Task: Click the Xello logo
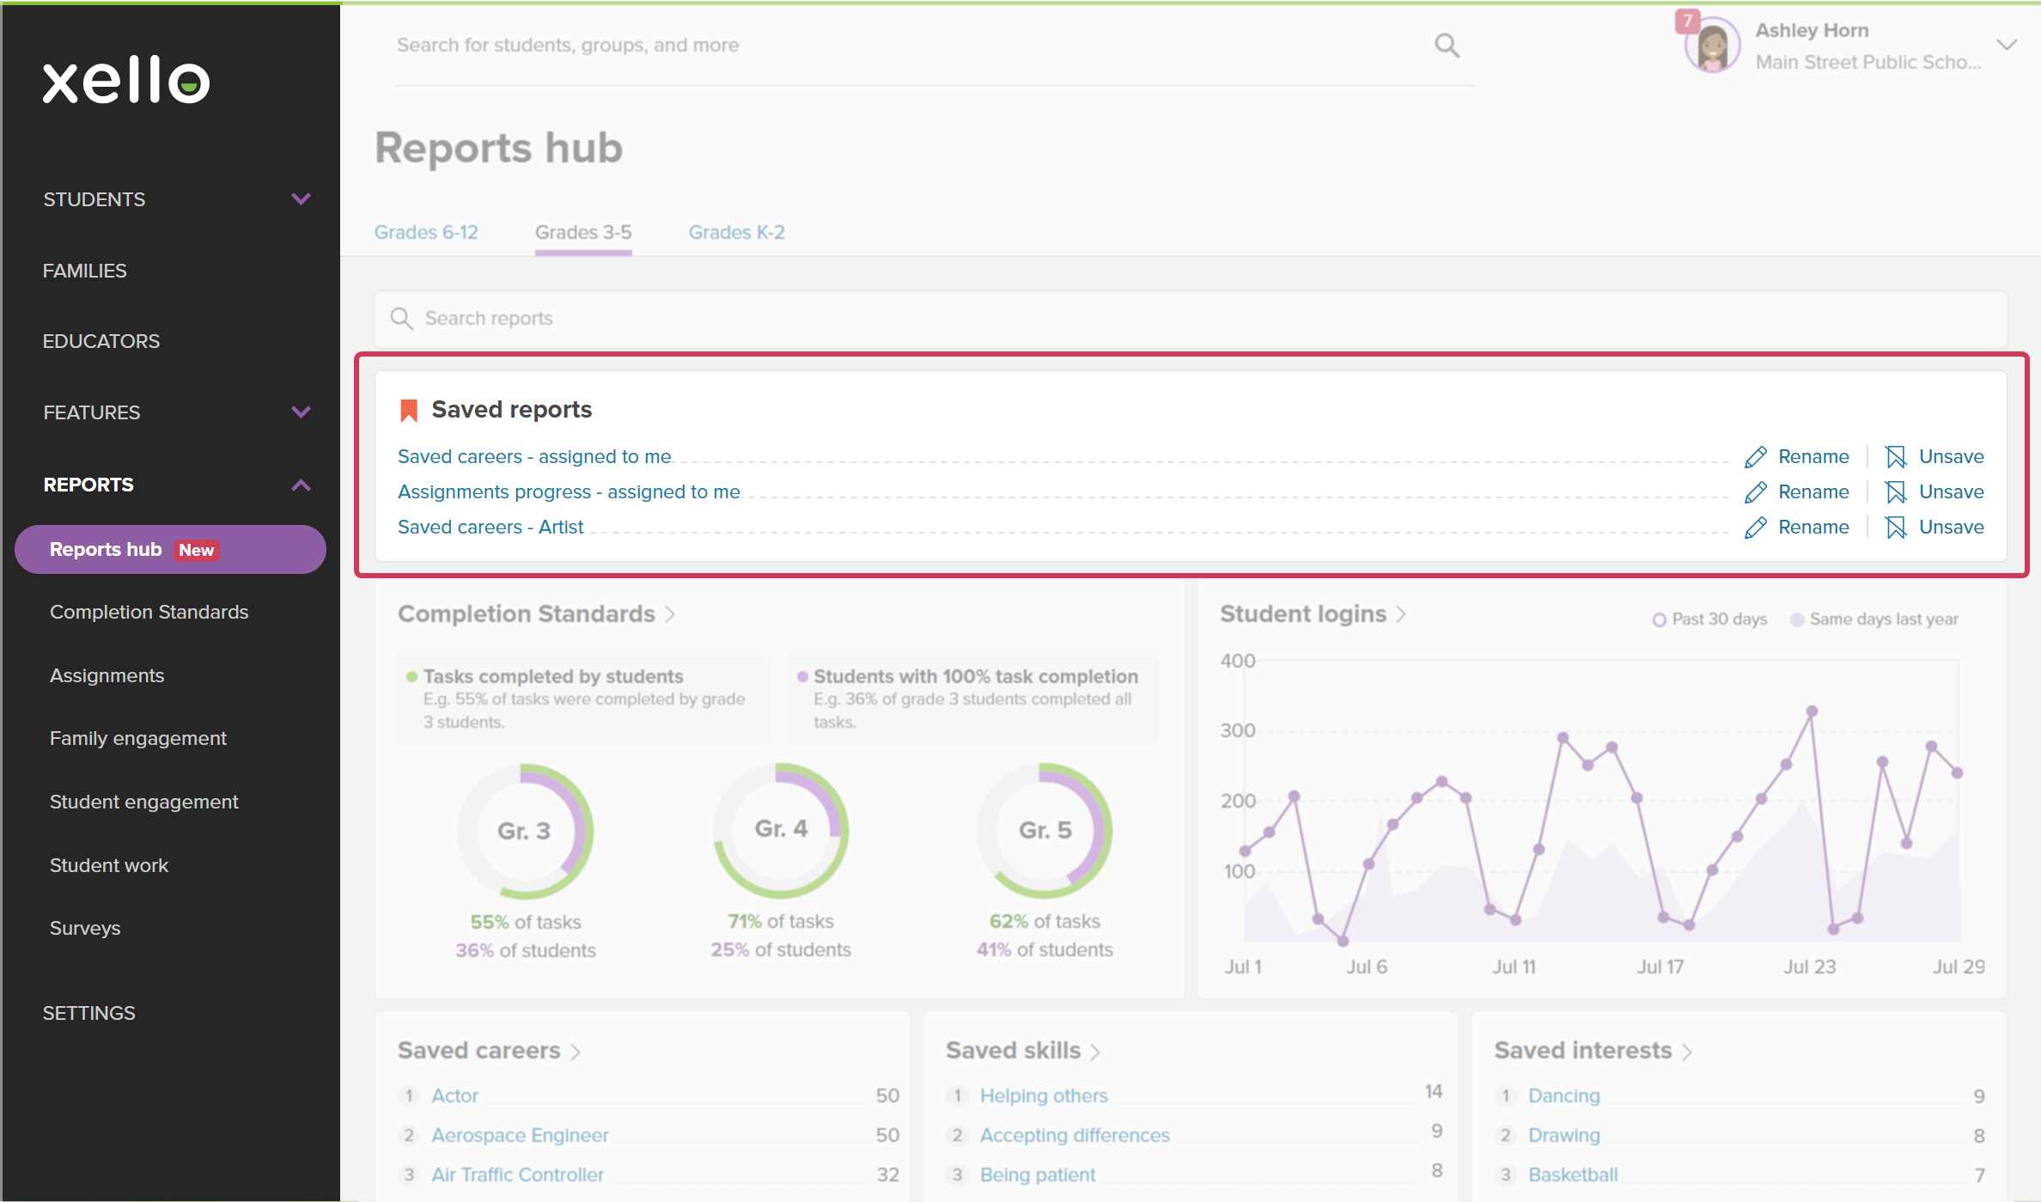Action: tap(126, 81)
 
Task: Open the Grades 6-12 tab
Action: tap(426, 232)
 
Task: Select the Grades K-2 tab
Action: tap(736, 232)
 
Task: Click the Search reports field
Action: tap(1191, 319)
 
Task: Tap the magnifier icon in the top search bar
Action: tap(1447, 46)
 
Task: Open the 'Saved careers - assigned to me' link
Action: tap(534, 457)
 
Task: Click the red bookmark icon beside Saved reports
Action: tap(409, 411)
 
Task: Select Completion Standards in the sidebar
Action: tap(149, 612)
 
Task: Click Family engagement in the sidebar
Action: tap(138, 738)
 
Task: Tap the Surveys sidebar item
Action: tap(85, 928)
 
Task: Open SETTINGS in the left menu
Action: tap(89, 1013)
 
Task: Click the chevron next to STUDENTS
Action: tap(301, 199)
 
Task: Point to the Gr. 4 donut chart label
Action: tap(781, 828)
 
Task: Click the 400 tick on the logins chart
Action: tap(1238, 661)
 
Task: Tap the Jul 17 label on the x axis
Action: tap(1660, 967)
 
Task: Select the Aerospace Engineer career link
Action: tap(520, 1135)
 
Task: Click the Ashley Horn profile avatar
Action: tap(1712, 46)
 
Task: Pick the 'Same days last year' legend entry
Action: tap(1874, 619)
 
